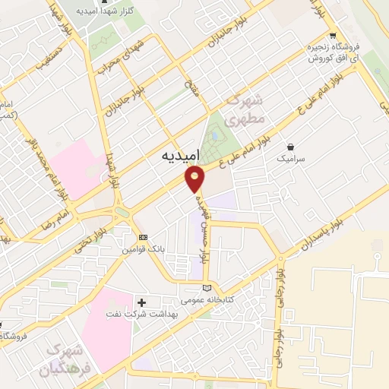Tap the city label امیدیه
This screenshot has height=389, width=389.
coord(181,155)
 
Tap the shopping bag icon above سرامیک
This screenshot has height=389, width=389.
coord(292,147)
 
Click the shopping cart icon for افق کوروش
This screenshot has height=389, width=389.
coord(333,36)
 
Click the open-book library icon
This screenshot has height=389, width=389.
coord(207,288)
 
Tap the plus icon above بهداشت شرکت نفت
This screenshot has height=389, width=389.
coord(142,302)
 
